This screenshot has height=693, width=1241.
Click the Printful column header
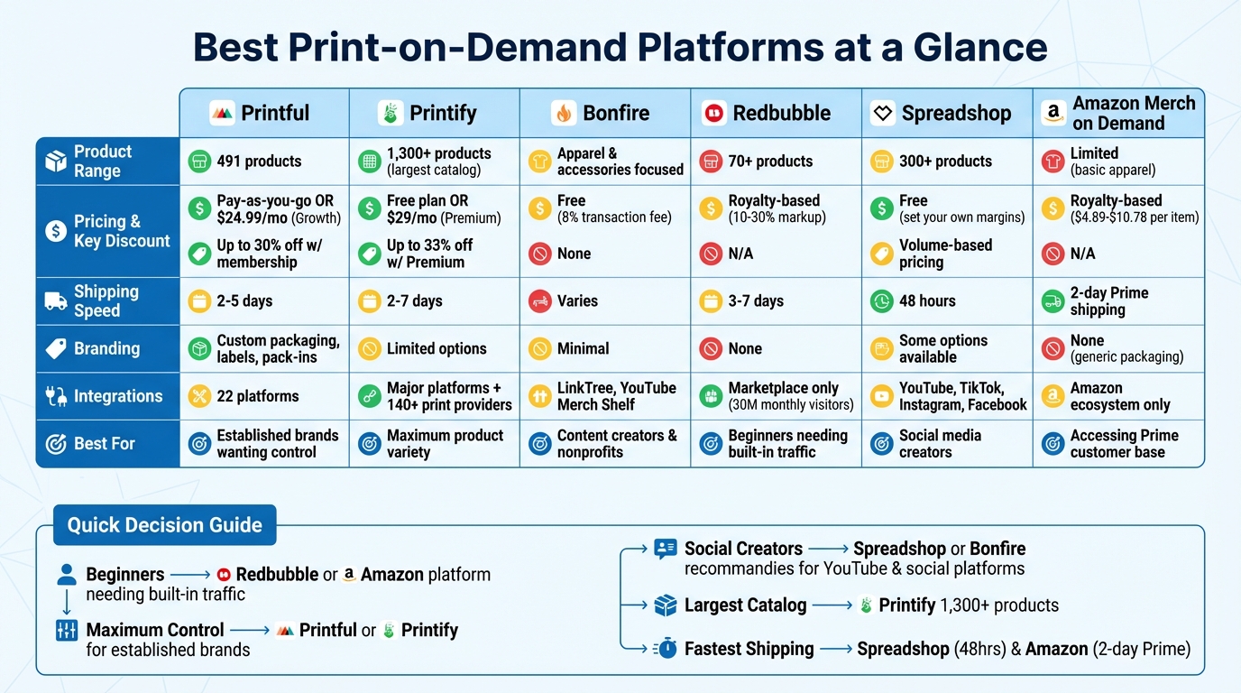click(x=263, y=113)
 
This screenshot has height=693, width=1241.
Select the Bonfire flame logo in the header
click(x=564, y=114)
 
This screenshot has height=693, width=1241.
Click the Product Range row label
click(x=103, y=162)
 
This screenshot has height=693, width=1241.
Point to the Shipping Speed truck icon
click(x=56, y=301)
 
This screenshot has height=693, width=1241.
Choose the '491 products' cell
click(x=259, y=162)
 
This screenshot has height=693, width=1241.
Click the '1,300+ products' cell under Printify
click(x=438, y=162)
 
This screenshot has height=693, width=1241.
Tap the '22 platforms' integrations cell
click(x=257, y=396)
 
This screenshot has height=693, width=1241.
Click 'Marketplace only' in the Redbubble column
click(x=783, y=388)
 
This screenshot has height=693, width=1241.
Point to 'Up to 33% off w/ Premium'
click(x=429, y=254)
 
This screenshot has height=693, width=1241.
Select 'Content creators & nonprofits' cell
click(x=616, y=444)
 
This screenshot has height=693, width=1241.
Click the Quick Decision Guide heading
click(x=164, y=525)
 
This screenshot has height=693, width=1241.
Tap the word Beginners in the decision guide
click(x=125, y=575)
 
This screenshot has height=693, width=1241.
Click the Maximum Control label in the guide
click(x=155, y=630)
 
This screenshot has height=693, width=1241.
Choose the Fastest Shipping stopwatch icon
click(x=666, y=648)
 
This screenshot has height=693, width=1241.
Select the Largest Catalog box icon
click(x=666, y=605)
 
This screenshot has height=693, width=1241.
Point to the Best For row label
click(x=105, y=444)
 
